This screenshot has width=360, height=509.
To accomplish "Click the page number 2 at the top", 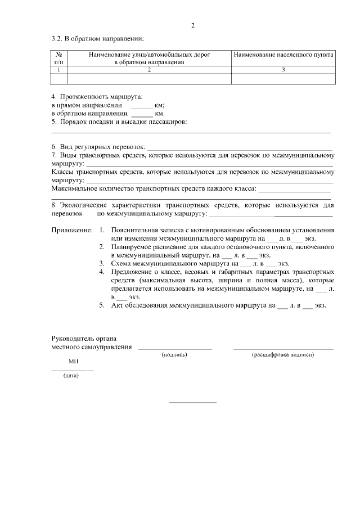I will (192, 26).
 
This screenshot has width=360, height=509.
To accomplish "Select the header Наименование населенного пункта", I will (283, 55).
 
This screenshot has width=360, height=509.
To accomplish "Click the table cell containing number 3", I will (283, 70).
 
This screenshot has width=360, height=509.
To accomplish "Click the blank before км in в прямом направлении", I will (142, 106).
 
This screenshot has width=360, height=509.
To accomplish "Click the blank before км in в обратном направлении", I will (142, 114).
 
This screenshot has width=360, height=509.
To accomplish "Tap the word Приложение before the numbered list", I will (71, 231).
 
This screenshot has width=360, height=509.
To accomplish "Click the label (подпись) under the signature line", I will (174, 355).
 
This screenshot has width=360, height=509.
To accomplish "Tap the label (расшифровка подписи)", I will (283, 355).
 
